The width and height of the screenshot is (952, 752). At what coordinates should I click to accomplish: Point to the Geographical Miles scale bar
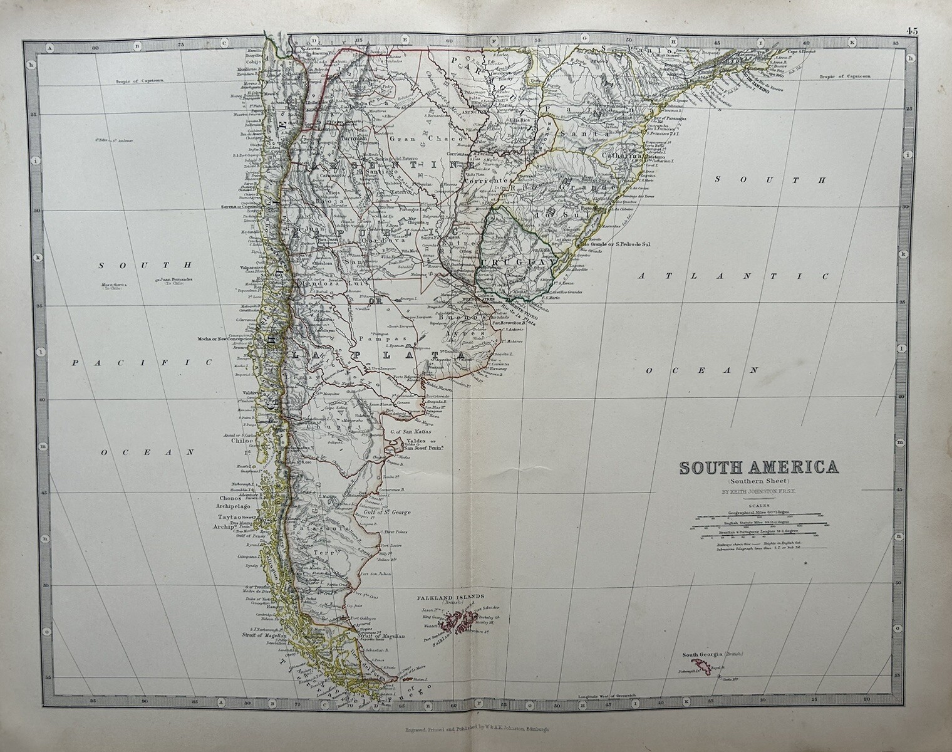coord(758,516)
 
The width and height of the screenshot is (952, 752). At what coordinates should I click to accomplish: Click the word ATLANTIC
coord(732,276)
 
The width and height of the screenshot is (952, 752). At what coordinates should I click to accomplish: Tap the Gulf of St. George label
coord(386,513)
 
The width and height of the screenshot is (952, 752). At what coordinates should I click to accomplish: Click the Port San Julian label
coord(376,573)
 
